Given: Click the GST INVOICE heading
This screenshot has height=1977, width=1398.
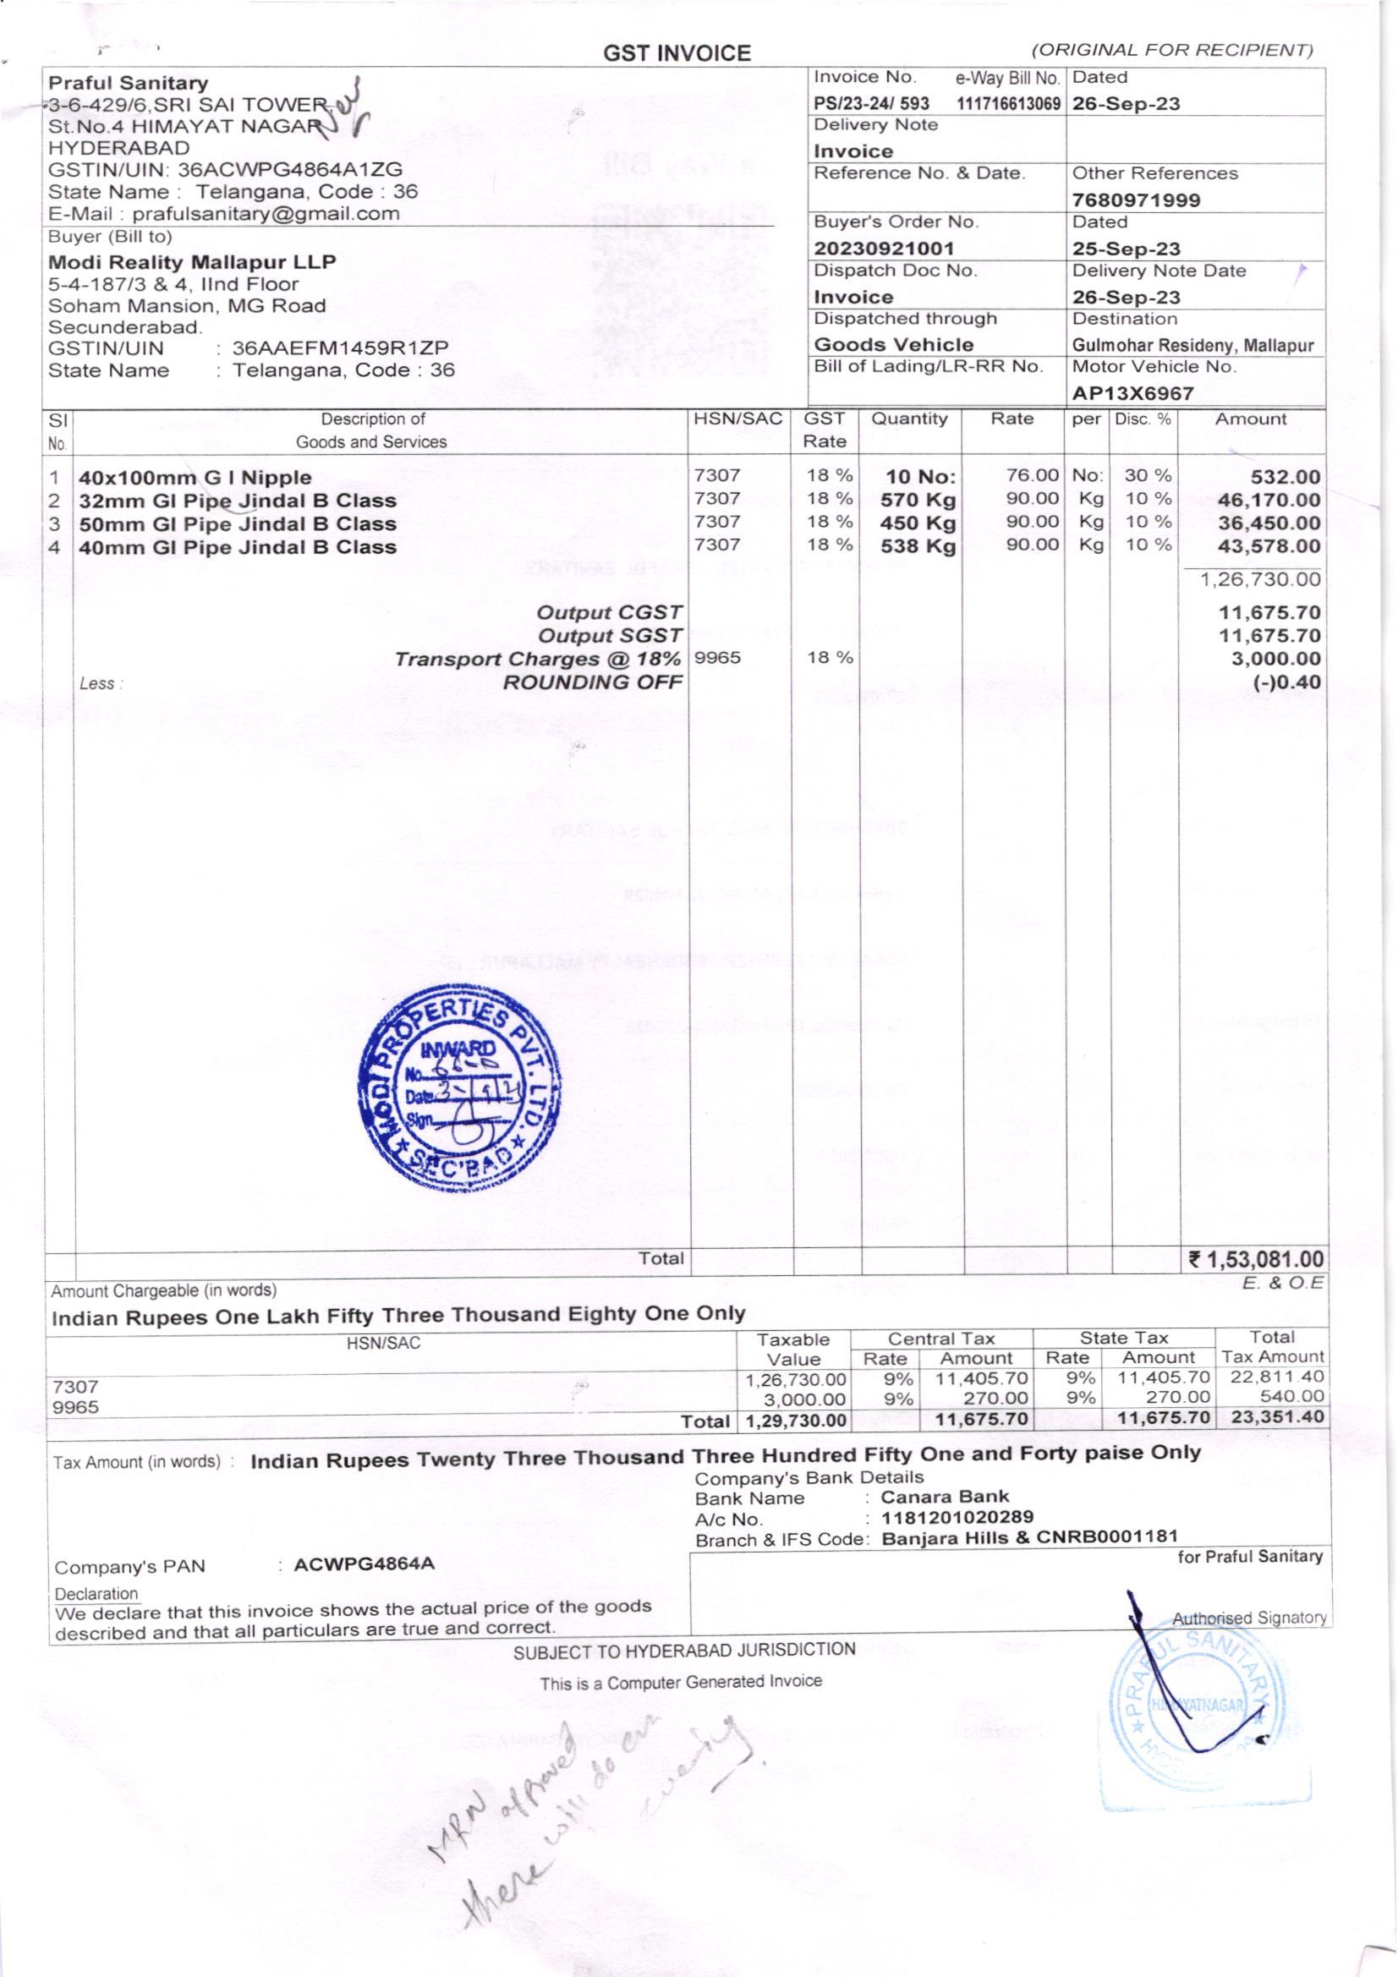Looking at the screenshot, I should (677, 54).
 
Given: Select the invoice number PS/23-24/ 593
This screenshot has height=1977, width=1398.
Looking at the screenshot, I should (871, 104).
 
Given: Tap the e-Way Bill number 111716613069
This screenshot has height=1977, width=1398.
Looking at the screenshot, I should (1008, 104).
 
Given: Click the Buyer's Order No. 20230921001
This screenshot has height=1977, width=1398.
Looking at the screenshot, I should (884, 249).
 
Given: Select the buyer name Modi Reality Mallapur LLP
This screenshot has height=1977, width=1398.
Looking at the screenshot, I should (191, 262).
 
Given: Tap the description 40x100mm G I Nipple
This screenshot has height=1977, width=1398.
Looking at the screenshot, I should (195, 478).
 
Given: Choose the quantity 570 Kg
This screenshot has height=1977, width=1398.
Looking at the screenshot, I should (918, 501).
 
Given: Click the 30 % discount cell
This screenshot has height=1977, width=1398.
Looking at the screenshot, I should (1148, 475).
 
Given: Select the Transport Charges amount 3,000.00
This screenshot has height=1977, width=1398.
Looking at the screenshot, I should (1269, 660).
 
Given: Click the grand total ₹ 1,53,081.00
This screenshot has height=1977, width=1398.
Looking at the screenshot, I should (1255, 1260).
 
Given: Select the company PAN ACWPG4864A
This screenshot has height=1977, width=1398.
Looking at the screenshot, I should (364, 1564).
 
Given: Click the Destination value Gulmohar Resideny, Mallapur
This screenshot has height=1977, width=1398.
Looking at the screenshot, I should (1192, 346).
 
